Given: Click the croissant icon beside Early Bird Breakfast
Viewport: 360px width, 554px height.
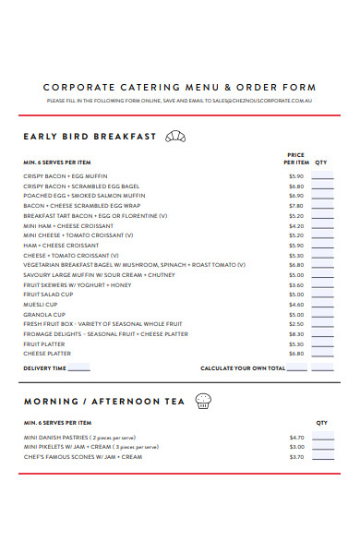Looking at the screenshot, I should (174, 137).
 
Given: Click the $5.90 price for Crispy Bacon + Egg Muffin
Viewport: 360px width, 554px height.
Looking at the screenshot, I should (295, 176).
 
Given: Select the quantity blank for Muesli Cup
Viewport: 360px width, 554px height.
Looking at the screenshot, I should (322, 305).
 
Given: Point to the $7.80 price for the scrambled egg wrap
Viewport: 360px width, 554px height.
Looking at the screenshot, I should (295, 206).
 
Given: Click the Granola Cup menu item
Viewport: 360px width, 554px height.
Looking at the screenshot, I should (41, 314).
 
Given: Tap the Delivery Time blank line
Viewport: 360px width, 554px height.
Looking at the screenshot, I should (79, 368).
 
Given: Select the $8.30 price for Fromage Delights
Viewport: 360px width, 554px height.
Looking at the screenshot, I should (295, 334).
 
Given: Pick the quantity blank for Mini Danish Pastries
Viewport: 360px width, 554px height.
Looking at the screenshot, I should (322, 438).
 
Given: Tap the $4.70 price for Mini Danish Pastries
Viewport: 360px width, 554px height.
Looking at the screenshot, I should (295, 438).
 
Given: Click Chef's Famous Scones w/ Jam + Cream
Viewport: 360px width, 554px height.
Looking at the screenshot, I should (83, 456).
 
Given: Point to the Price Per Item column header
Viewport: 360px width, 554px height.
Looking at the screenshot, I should (295, 159).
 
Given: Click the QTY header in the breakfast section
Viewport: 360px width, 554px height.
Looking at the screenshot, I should (321, 163).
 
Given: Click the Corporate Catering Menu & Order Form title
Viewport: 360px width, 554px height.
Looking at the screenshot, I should (179, 88).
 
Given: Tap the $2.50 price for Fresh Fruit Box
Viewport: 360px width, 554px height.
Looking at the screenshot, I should (295, 324).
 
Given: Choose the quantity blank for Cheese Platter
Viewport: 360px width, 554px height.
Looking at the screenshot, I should (322, 354).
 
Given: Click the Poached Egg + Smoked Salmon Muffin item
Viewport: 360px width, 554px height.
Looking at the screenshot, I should (84, 196).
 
